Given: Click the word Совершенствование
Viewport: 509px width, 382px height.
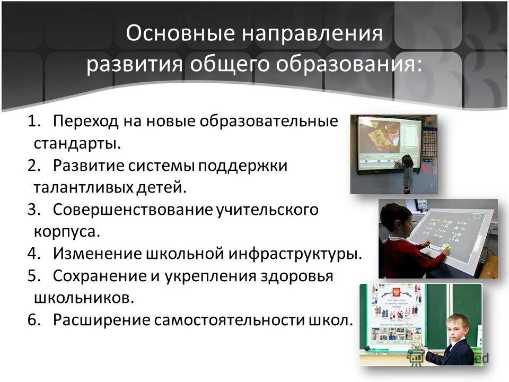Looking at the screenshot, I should pyautogui.click(x=133, y=210).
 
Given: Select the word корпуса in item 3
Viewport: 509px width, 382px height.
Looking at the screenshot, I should pyautogui.click(x=66, y=232).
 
